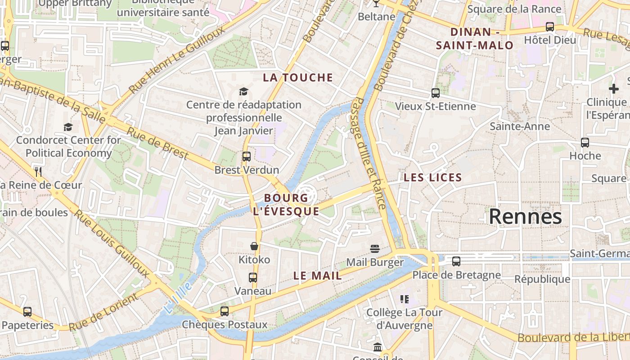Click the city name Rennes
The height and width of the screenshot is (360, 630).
(525, 216)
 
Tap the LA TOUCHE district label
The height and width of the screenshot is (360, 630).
(298, 77)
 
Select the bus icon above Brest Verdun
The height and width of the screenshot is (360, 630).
(246, 157)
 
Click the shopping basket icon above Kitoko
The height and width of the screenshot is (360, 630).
(254, 246)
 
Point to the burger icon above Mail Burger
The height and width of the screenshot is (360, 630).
(374, 249)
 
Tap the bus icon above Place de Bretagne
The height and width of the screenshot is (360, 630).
(456, 261)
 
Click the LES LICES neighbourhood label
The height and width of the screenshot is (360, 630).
(433, 177)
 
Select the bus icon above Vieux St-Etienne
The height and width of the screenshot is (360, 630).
(435, 93)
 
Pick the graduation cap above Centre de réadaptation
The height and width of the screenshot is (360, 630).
(243, 92)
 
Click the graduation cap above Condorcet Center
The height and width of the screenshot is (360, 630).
(68, 127)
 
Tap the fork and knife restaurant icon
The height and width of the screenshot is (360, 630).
(38, 171)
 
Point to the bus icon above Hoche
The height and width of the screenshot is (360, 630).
(585, 142)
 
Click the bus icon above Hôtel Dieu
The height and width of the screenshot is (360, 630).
(549, 27)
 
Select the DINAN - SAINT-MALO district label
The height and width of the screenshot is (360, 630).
(475, 38)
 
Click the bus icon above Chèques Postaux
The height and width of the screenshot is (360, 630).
(224, 311)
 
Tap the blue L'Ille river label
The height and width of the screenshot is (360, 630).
(178, 298)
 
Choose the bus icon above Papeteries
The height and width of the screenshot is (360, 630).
(27, 311)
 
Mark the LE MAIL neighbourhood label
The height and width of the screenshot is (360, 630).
(317, 276)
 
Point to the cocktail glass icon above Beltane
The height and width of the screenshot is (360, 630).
(376, 4)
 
